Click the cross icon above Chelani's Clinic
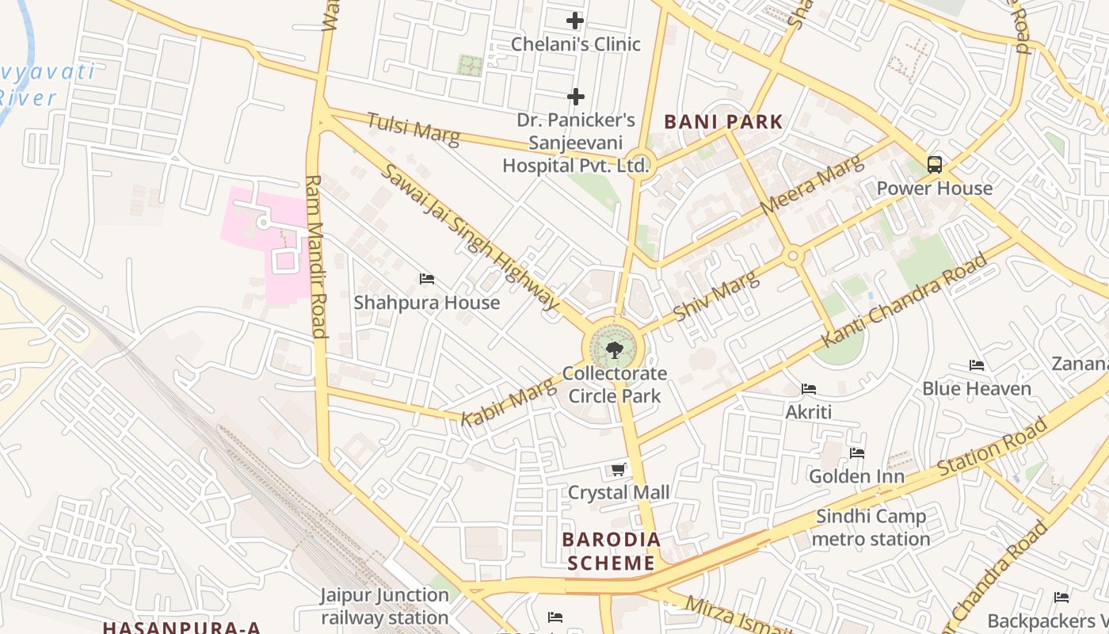[575, 21]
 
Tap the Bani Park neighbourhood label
[723, 122]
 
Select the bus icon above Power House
[935, 165]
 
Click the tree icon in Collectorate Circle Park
[613, 349]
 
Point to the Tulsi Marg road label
[413, 129]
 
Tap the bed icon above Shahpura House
[427, 279]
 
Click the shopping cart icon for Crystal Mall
[619, 470]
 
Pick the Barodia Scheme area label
[611, 551]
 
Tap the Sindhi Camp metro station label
[871, 528]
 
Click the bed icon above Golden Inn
[857, 453]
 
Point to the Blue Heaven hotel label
[976, 388]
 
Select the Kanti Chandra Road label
[905, 300]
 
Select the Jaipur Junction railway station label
[385, 606]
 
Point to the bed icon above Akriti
[809, 389]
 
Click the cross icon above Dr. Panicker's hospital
[576, 97]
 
